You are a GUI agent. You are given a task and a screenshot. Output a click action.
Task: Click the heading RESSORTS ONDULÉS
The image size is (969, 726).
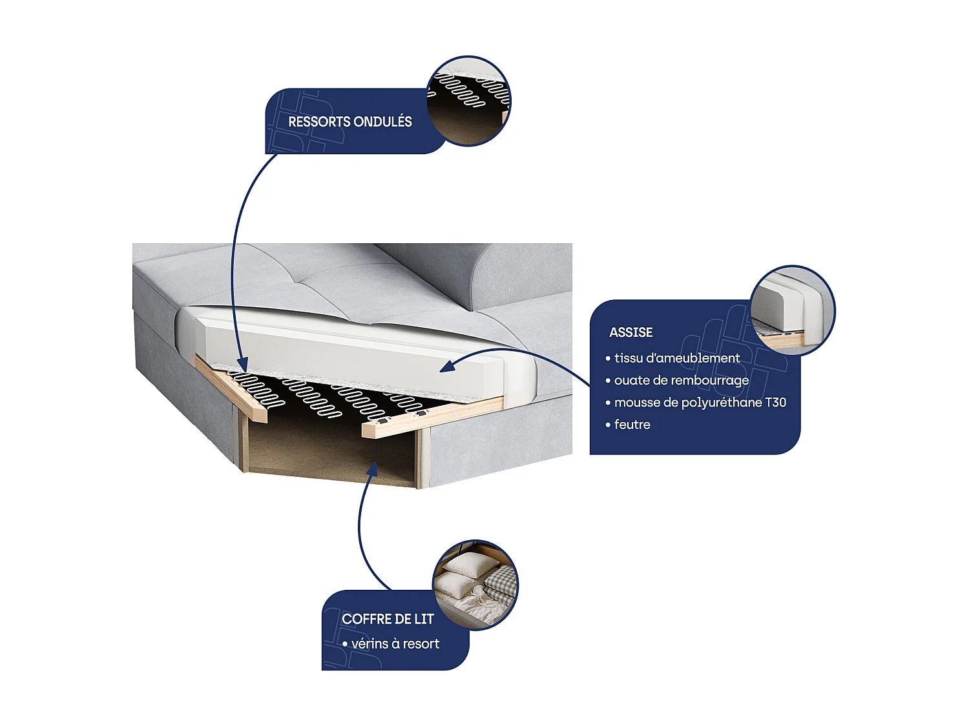[x=349, y=122]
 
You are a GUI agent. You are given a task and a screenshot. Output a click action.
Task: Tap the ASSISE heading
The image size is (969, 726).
[x=630, y=332]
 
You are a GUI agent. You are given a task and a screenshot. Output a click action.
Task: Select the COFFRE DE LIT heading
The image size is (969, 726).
[x=388, y=619]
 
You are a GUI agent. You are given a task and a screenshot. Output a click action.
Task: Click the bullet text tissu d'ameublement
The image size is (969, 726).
[x=676, y=358]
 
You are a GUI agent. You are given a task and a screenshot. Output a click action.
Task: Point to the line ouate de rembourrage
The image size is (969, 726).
[x=681, y=380]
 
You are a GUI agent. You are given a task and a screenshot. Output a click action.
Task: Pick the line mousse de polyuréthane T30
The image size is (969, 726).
[x=700, y=403]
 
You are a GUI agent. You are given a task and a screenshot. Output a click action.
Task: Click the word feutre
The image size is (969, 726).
[x=632, y=425]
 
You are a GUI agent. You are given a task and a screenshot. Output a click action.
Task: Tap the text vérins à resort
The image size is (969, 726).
[x=395, y=644]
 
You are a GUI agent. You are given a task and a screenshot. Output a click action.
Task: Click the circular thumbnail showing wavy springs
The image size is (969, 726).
[x=469, y=101]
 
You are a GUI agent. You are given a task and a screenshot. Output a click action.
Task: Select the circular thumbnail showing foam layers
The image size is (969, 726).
[x=793, y=310]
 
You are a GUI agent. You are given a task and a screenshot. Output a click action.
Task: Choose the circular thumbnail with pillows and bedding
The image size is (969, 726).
[x=475, y=585]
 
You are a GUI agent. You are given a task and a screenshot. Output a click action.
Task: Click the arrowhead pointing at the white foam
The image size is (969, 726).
[x=447, y=367]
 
